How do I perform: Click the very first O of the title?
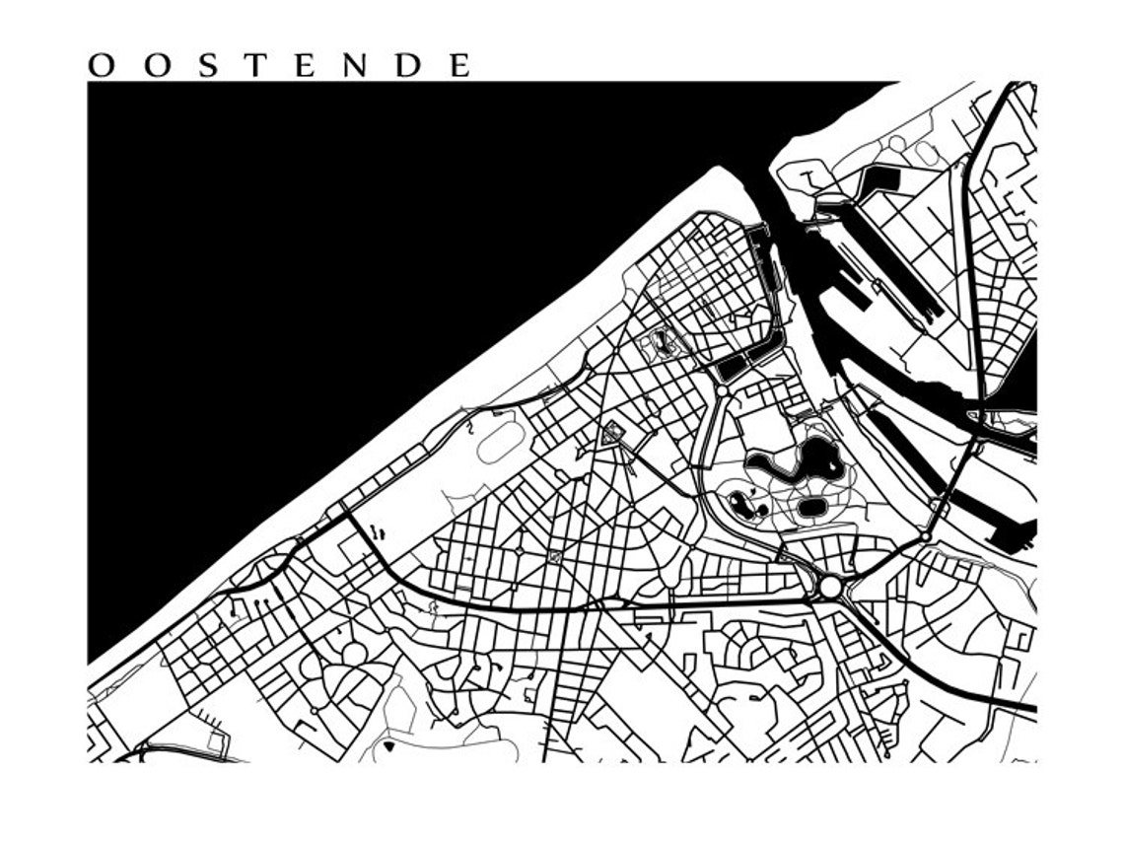coord(101,66)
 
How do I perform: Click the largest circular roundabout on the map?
coord(830,588)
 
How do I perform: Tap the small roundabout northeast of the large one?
coord(925,535)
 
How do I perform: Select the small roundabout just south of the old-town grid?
coord(723,391)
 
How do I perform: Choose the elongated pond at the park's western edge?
coord(741,506)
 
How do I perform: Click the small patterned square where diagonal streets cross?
coord(554,557)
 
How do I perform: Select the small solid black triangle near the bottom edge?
coord(388,746)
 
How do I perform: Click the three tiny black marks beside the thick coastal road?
coord(378,532)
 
